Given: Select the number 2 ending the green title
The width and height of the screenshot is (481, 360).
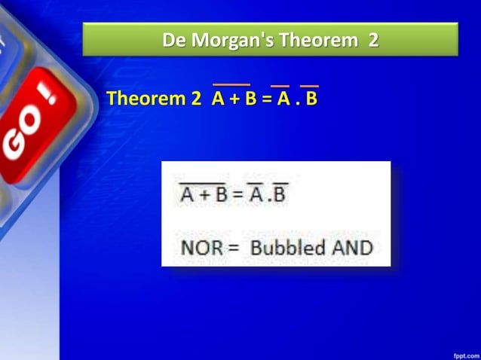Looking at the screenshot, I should [x=373, y=39].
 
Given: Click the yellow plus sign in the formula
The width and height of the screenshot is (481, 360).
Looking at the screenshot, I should [x=233, y=99].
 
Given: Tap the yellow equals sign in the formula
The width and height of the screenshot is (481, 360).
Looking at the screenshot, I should [x=266, y=99].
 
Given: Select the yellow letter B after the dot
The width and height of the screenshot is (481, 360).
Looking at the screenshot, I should [x=311, y=99].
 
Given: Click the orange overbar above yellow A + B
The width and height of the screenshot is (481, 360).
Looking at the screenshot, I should [x=231, y=84].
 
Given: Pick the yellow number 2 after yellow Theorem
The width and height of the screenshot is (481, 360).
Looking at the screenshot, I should [x=197, y=99].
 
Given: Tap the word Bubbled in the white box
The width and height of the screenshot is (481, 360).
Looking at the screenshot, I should [x=288, y=247].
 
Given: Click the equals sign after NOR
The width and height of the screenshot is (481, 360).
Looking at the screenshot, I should [x=231, y=247].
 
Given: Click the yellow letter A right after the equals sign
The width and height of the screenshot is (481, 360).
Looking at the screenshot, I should [x=283, y=99].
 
